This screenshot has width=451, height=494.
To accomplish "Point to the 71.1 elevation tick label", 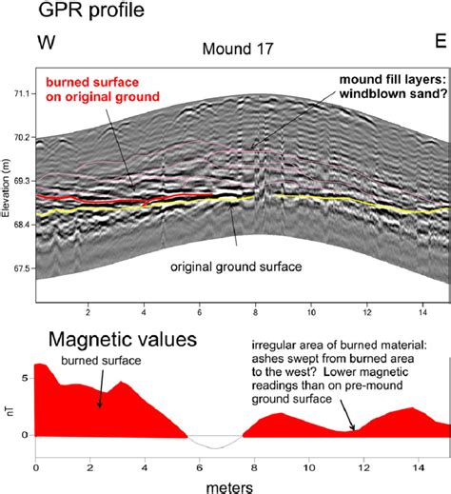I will [20, 94].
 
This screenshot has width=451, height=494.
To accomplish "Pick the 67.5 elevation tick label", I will [20, 268].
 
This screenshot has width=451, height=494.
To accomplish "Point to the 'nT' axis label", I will [9, 404].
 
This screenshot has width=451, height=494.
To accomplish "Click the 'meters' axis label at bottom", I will [226, 485].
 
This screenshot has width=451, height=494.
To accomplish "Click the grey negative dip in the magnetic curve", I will [217, 444].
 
